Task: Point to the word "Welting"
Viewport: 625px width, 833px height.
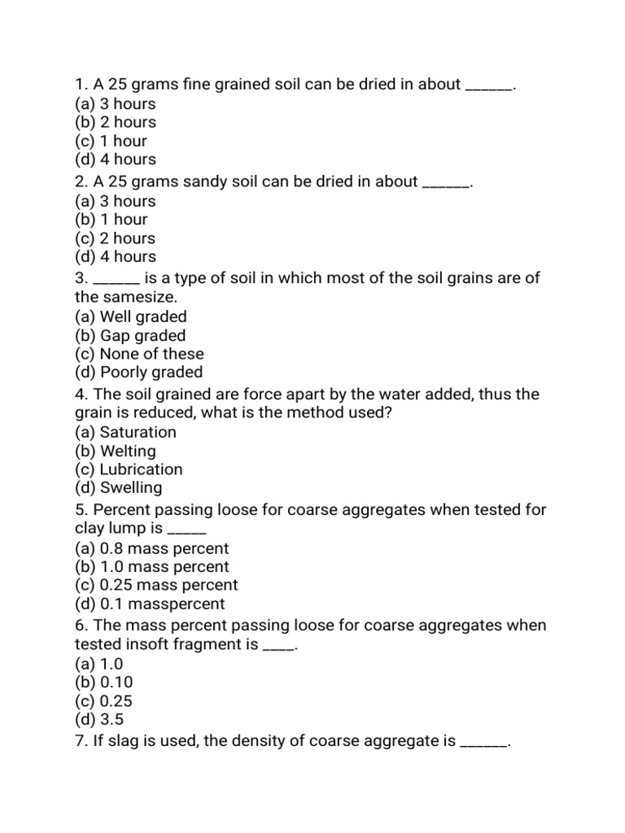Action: (128, 451)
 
